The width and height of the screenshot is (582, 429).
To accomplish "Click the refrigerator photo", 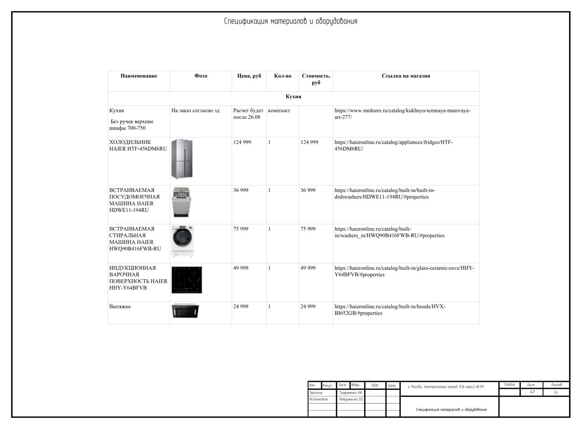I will (x=182, y=159).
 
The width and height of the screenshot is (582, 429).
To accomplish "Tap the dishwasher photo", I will (x=181, y=203).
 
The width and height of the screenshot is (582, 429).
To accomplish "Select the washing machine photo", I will (x=183, y=241).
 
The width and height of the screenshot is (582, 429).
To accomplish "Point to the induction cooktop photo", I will (x=187, y=280).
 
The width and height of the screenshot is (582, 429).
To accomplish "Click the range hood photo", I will (x=185, y=310).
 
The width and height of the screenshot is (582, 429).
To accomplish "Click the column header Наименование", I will (x=139, y=76).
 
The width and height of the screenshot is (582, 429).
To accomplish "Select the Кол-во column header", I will (x=283, y=76).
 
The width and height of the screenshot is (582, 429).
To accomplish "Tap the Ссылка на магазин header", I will (x=406, y=76).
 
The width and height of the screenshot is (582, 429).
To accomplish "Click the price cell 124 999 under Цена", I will (x=242, y=142).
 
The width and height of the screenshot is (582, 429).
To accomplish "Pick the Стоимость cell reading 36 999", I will (x=308, y=190).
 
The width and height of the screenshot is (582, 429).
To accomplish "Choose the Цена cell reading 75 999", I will (x=241, y=229).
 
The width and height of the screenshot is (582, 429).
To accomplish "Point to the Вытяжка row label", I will (x=120, y=306).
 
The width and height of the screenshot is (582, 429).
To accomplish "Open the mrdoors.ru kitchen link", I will (x=402, y=114).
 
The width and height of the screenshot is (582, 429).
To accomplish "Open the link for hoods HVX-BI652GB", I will (x=390, y=310).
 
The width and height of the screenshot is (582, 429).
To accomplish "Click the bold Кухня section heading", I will (x=293, y=97).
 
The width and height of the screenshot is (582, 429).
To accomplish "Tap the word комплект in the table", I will (x=279, y=111).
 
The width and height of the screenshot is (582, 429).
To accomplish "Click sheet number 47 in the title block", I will (x=532, y=392).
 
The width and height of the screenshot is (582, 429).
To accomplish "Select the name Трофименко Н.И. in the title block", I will (x=351, y=393).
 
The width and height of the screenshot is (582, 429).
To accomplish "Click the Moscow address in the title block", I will (x=446, y=387).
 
